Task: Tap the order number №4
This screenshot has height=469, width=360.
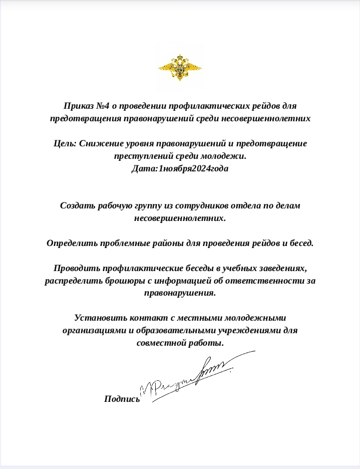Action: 103,106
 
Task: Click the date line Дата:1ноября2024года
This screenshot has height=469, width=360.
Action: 180,168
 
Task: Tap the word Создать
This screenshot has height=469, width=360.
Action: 76,205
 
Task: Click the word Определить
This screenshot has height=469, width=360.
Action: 70,243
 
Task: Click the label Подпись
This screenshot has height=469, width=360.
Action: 122,399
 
